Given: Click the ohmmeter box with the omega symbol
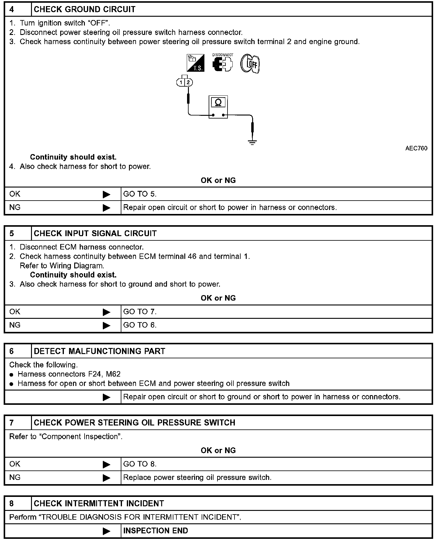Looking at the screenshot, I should (x=218, y=107).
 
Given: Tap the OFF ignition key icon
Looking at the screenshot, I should (x=250, y=64).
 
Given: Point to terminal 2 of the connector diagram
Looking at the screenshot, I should (x=188, y=82).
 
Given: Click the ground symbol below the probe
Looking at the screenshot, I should (x=252, y=142).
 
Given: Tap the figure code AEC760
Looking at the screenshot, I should (x=416, y=148).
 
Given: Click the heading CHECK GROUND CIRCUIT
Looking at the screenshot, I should (x=85, y=9).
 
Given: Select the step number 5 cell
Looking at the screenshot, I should (x=18, y=233).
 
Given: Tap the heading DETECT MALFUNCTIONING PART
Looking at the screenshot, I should (x=99, y=351).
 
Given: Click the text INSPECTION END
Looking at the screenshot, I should (x=155, y=531).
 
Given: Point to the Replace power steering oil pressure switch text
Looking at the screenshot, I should (x=197, y=477).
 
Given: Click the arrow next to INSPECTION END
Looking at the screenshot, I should (x=106, y=531).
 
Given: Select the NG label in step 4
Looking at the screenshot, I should (x=15, y=207).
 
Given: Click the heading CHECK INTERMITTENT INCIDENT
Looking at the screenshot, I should (x=99, y=504).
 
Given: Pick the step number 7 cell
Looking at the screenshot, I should (x=18, y=423).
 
